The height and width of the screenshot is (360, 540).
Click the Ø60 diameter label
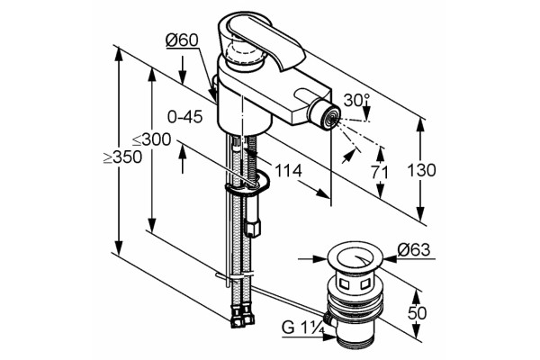(182, 40)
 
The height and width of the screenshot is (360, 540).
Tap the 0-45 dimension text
(184, 117)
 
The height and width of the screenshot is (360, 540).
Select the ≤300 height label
(152, 139)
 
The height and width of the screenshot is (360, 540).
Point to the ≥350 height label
(123, 157)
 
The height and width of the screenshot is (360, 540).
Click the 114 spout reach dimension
(288, 170)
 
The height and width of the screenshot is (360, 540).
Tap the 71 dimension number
(380, 172)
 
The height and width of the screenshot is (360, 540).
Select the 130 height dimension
(421, 170)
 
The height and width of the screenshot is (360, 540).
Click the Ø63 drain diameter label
(414, 250)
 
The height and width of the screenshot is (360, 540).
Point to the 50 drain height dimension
(417, 313)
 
